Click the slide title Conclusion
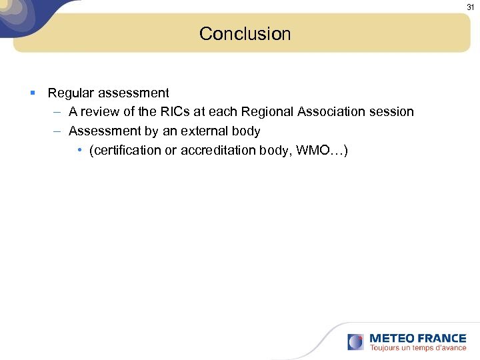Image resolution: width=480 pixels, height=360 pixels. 245,34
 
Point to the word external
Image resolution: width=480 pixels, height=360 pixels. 205,131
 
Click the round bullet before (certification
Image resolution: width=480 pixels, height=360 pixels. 79,151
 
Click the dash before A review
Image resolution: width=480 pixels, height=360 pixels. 57,112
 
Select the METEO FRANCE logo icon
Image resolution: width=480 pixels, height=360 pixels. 355,342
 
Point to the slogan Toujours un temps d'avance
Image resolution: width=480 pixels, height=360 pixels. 418,348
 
